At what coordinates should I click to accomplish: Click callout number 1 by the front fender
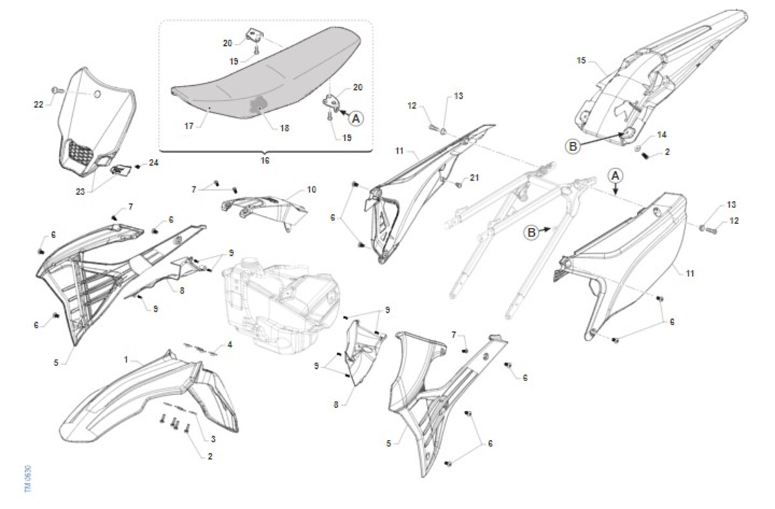coord(126,360)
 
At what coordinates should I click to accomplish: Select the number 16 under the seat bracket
coord(265,161)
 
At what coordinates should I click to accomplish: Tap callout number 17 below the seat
coord(189,126)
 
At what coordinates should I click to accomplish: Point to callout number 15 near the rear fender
coord(581,61)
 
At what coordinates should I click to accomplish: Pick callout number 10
coord(311,190)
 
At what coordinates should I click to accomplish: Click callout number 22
coord(38,104)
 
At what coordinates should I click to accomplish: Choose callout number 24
coord(154,163)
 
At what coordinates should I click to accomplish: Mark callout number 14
coord(661,134)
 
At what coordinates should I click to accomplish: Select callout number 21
coord(474,178)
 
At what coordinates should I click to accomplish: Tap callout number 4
coord(229,345)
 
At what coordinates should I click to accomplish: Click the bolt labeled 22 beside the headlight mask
coord(57,90)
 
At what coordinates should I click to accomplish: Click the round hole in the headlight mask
coord(98,94)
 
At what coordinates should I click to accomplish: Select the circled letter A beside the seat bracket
coord(356,119)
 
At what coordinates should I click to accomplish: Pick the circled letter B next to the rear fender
coord(573,147)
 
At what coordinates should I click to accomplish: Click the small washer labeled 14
coord(637,149)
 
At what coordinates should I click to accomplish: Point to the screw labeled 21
coord(459,185)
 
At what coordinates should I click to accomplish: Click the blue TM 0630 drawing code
coord(28,478)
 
